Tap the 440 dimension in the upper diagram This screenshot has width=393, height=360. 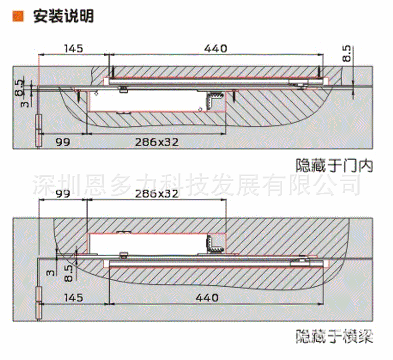[x=215, y=49]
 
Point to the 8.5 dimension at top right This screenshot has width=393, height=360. [x=347, y=54]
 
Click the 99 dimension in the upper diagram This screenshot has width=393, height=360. [x=62, y=142]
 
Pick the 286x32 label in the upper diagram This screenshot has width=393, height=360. [x=157, y=142]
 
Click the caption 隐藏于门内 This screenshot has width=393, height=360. [x=335, y=166]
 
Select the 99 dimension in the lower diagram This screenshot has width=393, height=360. [x=62, y=193]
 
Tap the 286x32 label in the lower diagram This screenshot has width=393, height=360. [x=157, y=193]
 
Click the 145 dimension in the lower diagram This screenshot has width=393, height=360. [x=74, y=298]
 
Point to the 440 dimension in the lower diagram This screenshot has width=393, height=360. [x=207, y=298]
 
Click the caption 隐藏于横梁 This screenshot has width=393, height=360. [x=335, y=337]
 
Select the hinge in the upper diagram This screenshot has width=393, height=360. [x=37, y=131]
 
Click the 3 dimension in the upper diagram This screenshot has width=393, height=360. [x=20, y=104]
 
